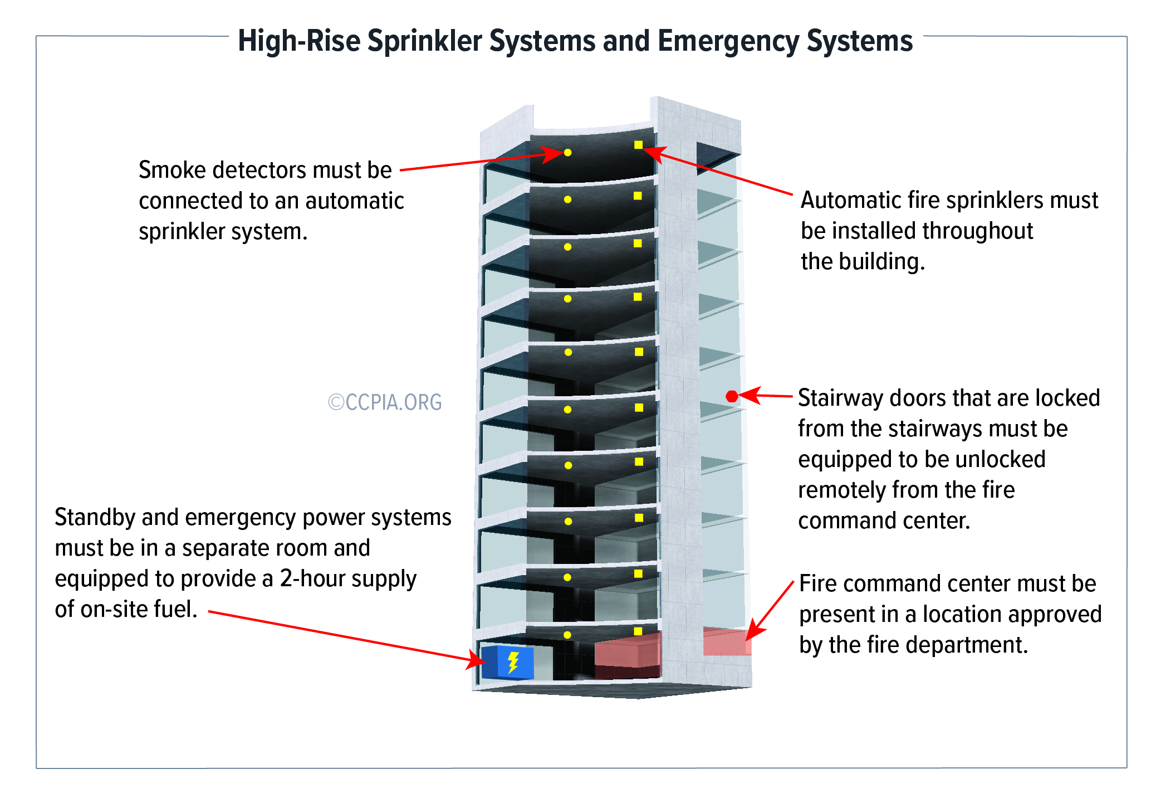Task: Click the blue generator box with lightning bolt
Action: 507,663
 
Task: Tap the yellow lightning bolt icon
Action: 513,663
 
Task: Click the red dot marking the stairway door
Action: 732,396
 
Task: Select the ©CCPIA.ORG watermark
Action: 385,402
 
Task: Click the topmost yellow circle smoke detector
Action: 567,152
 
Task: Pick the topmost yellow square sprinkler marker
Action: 638,145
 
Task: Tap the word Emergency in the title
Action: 728,41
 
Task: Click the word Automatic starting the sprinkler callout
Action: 850,200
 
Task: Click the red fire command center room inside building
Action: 628,655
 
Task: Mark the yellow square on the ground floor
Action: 638,631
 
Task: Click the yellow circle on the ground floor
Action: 567,635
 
